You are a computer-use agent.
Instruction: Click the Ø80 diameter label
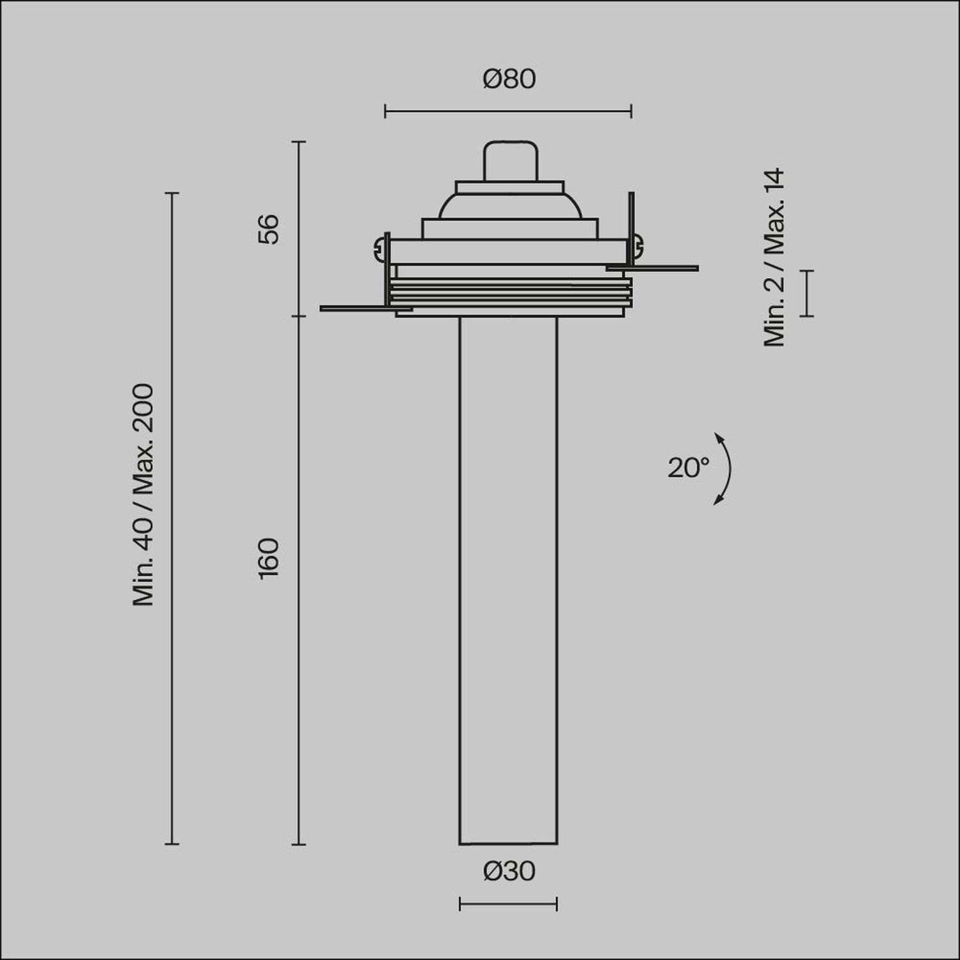click(x=509, y=79)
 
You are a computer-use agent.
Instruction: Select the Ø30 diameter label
click(x=509, y=872)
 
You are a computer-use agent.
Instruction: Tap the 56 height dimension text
click(x=269, y=228)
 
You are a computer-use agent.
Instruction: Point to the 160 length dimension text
click(x=269, y=558)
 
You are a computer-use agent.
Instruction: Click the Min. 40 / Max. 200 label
click(x=143, y=495)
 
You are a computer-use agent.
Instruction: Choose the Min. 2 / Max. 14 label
click(x=774, y=257)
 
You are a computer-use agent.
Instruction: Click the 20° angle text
click(x=689, y=468)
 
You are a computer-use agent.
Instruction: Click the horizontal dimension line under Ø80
click(x=508, y=111)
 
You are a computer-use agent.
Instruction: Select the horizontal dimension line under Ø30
click(x=508, y=904)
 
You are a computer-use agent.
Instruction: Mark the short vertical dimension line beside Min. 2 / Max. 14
click(x=807, y=293)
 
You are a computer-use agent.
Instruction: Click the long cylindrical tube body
click(x=508, y=576)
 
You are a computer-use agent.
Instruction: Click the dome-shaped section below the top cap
click(x=510, y=205)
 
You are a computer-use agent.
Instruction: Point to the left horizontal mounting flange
click(x=358, y=308)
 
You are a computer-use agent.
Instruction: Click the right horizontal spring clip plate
click(x=659, y=267)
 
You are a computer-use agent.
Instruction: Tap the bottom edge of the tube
click(x=508, y=844)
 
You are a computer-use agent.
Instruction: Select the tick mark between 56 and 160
click(x=299, y=316)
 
